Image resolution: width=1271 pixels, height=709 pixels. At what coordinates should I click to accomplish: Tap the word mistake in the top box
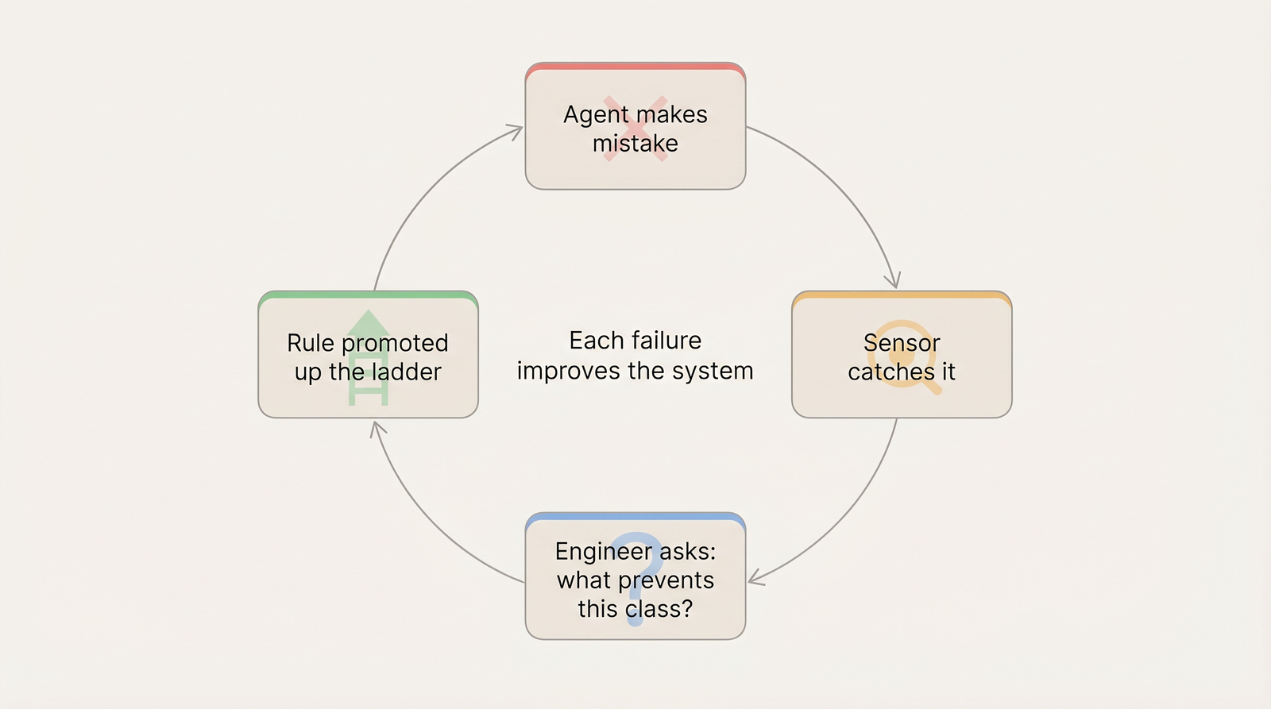pyautogui.click(x=635, y=144)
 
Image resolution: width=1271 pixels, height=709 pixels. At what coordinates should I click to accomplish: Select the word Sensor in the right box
pyautogui.click(x=902, y=343)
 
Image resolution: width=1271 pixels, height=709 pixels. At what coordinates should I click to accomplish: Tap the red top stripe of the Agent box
pyautogui.click(x=635, y=67)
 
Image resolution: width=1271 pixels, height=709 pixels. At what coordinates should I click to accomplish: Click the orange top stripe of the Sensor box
pyautogui.click(x=902, y=295)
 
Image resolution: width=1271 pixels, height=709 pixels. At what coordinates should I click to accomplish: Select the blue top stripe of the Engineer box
pyautogui.click(x=635, y=517)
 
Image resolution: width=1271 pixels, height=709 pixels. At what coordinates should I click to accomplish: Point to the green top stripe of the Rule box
pyautogui.click(x=368, y=295)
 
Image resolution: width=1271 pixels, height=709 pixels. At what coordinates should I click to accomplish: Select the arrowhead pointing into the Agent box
pyautogui.click(x=516, y=130)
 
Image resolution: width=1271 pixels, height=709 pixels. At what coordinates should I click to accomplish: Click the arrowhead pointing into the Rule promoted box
pyautogui.click(x=377, y=428)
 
